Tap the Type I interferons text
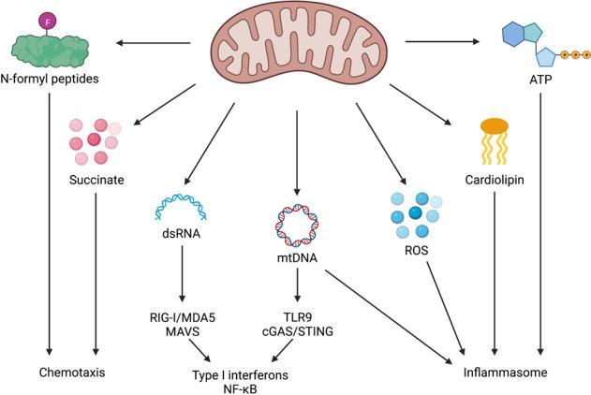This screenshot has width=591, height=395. pyautogui.click(x=240, y=373)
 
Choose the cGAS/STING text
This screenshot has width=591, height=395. pyautogui.click(x=298, y=331)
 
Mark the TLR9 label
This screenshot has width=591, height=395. pyautogui.click(x=298, y=316)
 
